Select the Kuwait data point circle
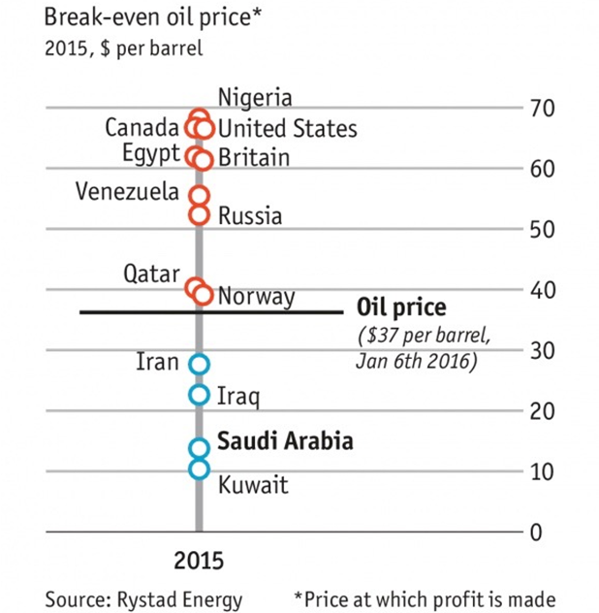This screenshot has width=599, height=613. point(199,469)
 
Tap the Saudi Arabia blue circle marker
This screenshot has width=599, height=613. point(199,447)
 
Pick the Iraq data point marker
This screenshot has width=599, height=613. point(199,395)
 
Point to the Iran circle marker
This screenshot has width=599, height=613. point(199,364)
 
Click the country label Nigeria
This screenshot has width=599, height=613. point(255,97)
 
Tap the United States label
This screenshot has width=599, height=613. point(287,128)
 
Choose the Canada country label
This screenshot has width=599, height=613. point(142,128)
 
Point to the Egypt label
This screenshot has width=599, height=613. point(151,154)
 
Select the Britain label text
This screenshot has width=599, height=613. point(253,157)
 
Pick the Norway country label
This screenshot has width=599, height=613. point(256,297)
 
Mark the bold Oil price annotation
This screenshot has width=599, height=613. point(401,308)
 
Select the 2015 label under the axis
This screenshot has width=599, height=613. point(199,562)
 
